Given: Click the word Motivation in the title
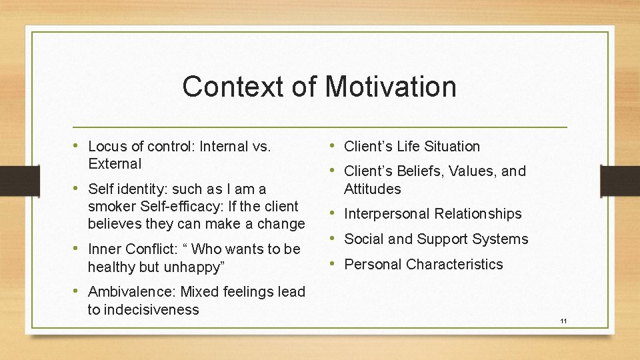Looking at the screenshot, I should click(x=391, y=87).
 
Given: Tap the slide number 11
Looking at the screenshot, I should click(x=563, y=321).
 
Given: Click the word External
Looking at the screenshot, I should click(x=115, y=164).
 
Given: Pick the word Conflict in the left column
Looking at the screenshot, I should click(x=150, y=249).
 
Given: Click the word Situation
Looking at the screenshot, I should click(x=449, y=147).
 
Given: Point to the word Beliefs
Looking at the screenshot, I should click(x=418, y=171).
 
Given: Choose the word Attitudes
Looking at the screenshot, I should click(x=373, y=189).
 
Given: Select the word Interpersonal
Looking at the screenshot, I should click(x=387, y=214).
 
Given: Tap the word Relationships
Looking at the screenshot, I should click(x=478, y=214).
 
